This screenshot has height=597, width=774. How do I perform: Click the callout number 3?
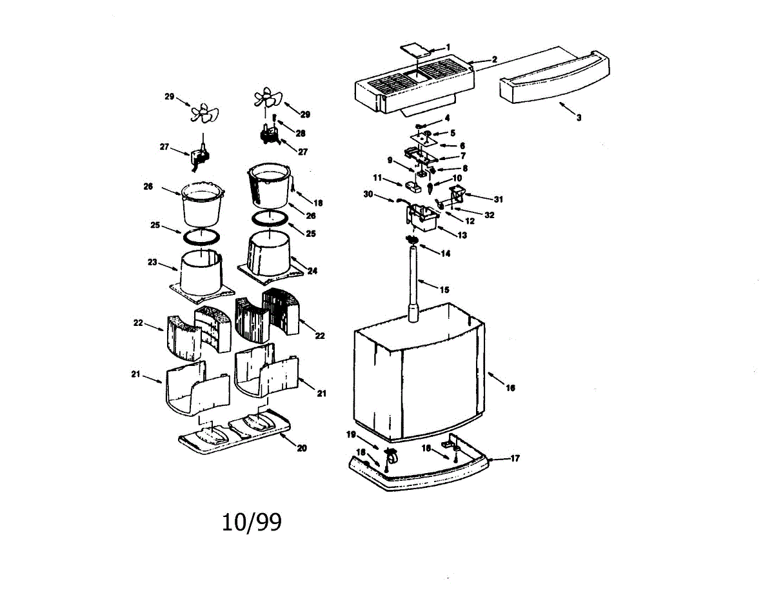coord(579,117)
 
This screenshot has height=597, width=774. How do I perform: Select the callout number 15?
coord(444,290)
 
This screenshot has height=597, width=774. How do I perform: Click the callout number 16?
coord(510,388)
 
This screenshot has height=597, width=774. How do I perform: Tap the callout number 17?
coord(515,459)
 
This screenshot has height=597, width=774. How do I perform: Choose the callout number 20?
coord(301,449)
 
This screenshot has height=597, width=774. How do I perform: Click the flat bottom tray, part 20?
coord(236,432)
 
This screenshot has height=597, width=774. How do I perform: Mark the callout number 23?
coord(152,263)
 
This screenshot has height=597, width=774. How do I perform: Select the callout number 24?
coord(312,271)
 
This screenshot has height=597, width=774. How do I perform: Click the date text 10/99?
coord(252,522)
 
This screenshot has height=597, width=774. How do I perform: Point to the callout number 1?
coord(448,47)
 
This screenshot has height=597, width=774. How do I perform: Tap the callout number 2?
coord(494,59)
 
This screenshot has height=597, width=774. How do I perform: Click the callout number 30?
coord(368,194)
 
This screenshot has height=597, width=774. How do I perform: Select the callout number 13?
coord(462,236)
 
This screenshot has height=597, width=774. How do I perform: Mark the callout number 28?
coord(300,132)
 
